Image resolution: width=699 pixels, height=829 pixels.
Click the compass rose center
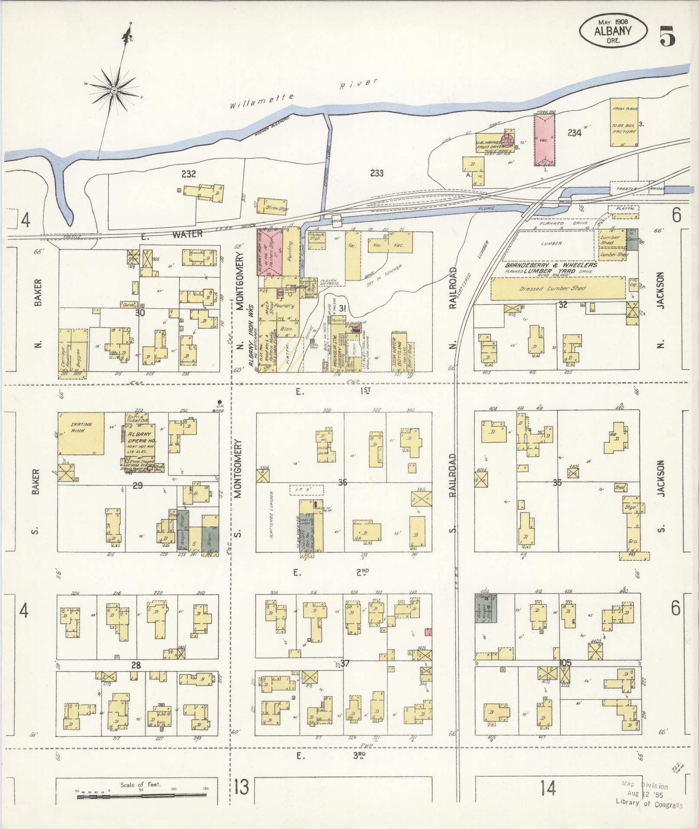pos(114,90)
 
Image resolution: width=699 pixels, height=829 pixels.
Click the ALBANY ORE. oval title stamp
pos(613,31)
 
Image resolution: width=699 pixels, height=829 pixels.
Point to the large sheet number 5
pos(667,36)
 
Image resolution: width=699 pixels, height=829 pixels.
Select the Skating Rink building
pos(81,433)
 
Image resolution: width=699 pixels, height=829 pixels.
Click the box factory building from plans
pos(624,122)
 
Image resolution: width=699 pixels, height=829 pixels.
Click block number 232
pos(189,174)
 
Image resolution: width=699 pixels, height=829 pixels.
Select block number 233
pos(377,173)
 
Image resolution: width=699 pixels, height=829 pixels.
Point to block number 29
pos(137,485)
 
